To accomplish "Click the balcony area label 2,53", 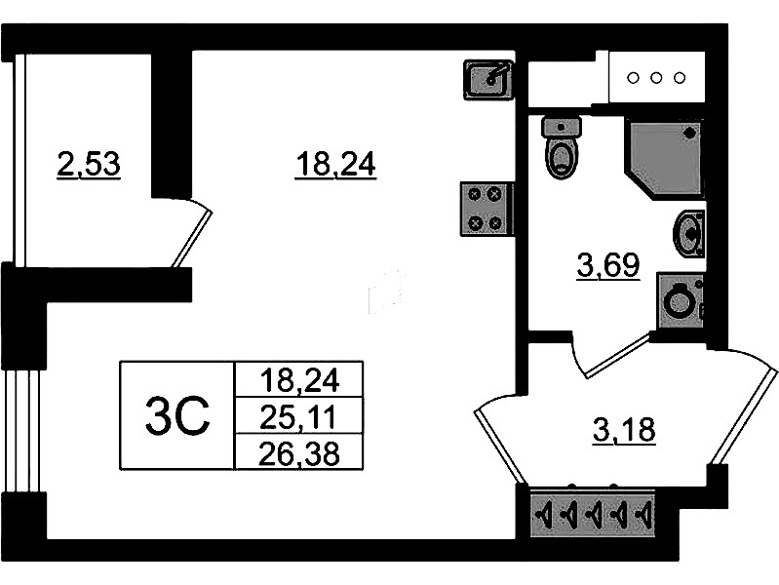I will coord(89,165).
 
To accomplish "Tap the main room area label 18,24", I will coord(335,166).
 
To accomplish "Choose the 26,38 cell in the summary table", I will coord(297,450).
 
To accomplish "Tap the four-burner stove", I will coord(486,210).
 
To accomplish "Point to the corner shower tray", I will coord(664,157).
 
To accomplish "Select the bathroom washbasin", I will coord(690,234).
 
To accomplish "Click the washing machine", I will coord(680,300).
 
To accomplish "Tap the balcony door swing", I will coord(193,234).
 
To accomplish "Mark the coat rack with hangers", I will coord(591,512).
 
